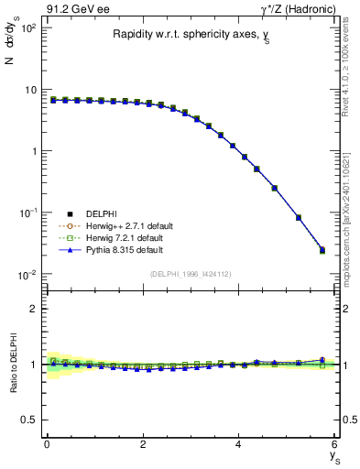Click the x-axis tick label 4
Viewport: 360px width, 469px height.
pyautogui.click(x=239, y=445)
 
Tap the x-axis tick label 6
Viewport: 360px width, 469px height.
pyautogui.click(x=335, y=445)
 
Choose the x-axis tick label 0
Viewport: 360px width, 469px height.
pyautogui.click(x=47, y=445)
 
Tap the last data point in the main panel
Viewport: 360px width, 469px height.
pyautogui.click(x=322, y=249)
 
